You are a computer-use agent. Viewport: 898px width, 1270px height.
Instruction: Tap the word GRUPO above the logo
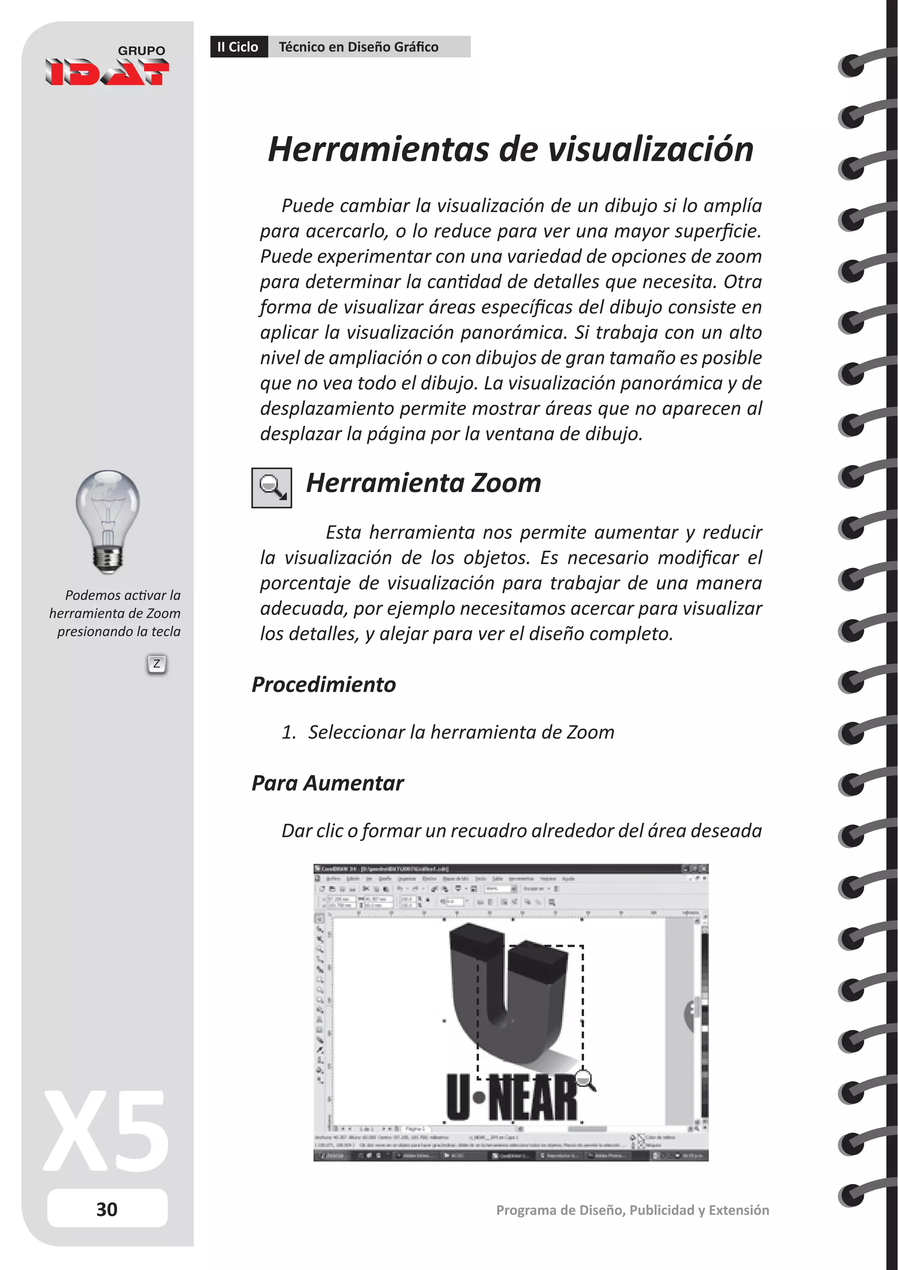tap(142, 50)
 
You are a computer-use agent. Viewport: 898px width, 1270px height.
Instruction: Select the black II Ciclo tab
tap(239, 47)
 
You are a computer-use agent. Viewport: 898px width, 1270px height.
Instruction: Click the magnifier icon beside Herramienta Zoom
tap(271, 487)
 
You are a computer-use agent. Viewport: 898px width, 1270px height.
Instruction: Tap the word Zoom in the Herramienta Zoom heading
tap(506, 483)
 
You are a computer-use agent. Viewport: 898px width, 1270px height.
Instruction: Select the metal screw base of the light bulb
tap(108, 559)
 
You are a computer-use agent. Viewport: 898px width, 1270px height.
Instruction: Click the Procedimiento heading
tap(324, 684)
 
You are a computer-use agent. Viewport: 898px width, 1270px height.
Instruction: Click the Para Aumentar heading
tap(328, 783)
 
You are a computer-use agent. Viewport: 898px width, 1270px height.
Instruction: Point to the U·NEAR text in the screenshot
tap(512, 1098)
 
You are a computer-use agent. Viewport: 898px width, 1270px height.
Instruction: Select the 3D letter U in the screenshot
tap(506, 990)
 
